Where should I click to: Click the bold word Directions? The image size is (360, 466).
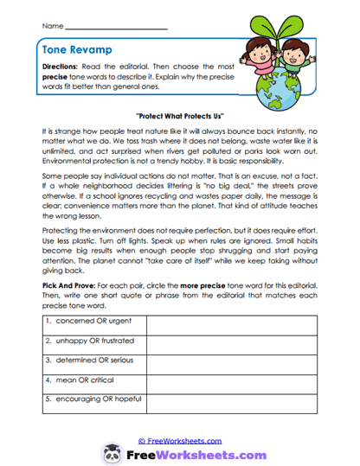coord(64,67)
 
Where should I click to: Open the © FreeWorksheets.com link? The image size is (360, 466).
coord(180,439)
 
